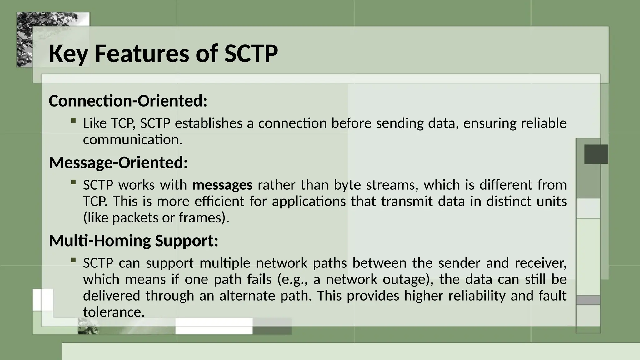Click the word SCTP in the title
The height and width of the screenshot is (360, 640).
[251, 53]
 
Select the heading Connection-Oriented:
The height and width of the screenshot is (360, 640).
[128, 101]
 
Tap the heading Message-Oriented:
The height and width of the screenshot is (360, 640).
[118, 162]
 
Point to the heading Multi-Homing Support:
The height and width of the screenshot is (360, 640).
[134, 241]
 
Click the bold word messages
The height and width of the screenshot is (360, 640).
[222, 185]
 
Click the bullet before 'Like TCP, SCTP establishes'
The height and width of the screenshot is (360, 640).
[73, 120]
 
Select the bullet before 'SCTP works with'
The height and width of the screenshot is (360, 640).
[73, 182]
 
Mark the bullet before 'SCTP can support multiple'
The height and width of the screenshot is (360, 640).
[73, 260]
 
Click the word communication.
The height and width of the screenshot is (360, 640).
[132, 140]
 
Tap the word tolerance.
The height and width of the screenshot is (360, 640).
[114, 312]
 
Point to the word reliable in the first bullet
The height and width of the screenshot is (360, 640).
[543, 123]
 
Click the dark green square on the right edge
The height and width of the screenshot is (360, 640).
[596, 154]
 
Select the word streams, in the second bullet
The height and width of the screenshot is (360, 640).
[392, 185]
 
